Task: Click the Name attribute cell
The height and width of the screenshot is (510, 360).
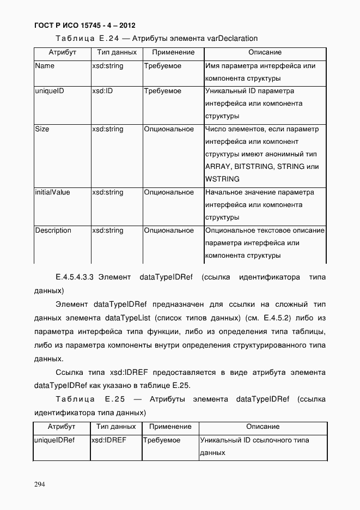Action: click(45, 66)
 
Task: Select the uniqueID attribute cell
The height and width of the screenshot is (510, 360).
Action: click(50, 91)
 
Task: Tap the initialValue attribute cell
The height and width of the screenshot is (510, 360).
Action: click(52, 192)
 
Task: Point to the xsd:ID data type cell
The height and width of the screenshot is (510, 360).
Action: click(102, 91)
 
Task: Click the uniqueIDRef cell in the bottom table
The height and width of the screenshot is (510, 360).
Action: click(54, 440)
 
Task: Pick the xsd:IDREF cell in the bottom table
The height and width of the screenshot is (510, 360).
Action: click(108, 440)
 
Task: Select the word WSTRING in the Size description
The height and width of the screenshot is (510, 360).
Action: click(222, 179)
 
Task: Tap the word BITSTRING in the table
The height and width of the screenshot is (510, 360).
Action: click(254, 167)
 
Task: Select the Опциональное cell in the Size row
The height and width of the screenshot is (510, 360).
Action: click(169, 129)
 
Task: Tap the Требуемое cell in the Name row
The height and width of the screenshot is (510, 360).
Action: click(163, 66)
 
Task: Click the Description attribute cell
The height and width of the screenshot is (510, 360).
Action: click(53, 230)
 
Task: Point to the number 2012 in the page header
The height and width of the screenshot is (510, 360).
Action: click(126, 26)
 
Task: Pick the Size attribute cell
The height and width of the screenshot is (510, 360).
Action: click(42, 129)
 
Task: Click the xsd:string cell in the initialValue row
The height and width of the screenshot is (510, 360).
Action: click(108, 192)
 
